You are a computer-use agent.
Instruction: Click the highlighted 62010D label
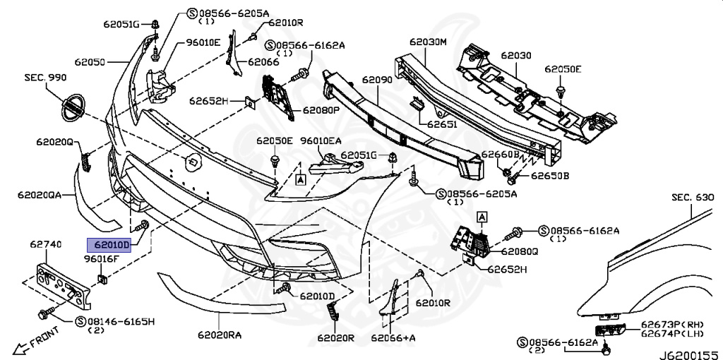coord(109,246)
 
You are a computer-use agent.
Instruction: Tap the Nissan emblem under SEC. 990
coord(72,109)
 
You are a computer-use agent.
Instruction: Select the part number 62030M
coord(429,42)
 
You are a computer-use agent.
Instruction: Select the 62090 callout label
coord(376,80)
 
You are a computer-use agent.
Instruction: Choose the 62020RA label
coord(220,335)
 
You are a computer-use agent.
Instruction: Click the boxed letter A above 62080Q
coord(482,217)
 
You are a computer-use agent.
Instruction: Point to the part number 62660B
coord(501,154)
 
